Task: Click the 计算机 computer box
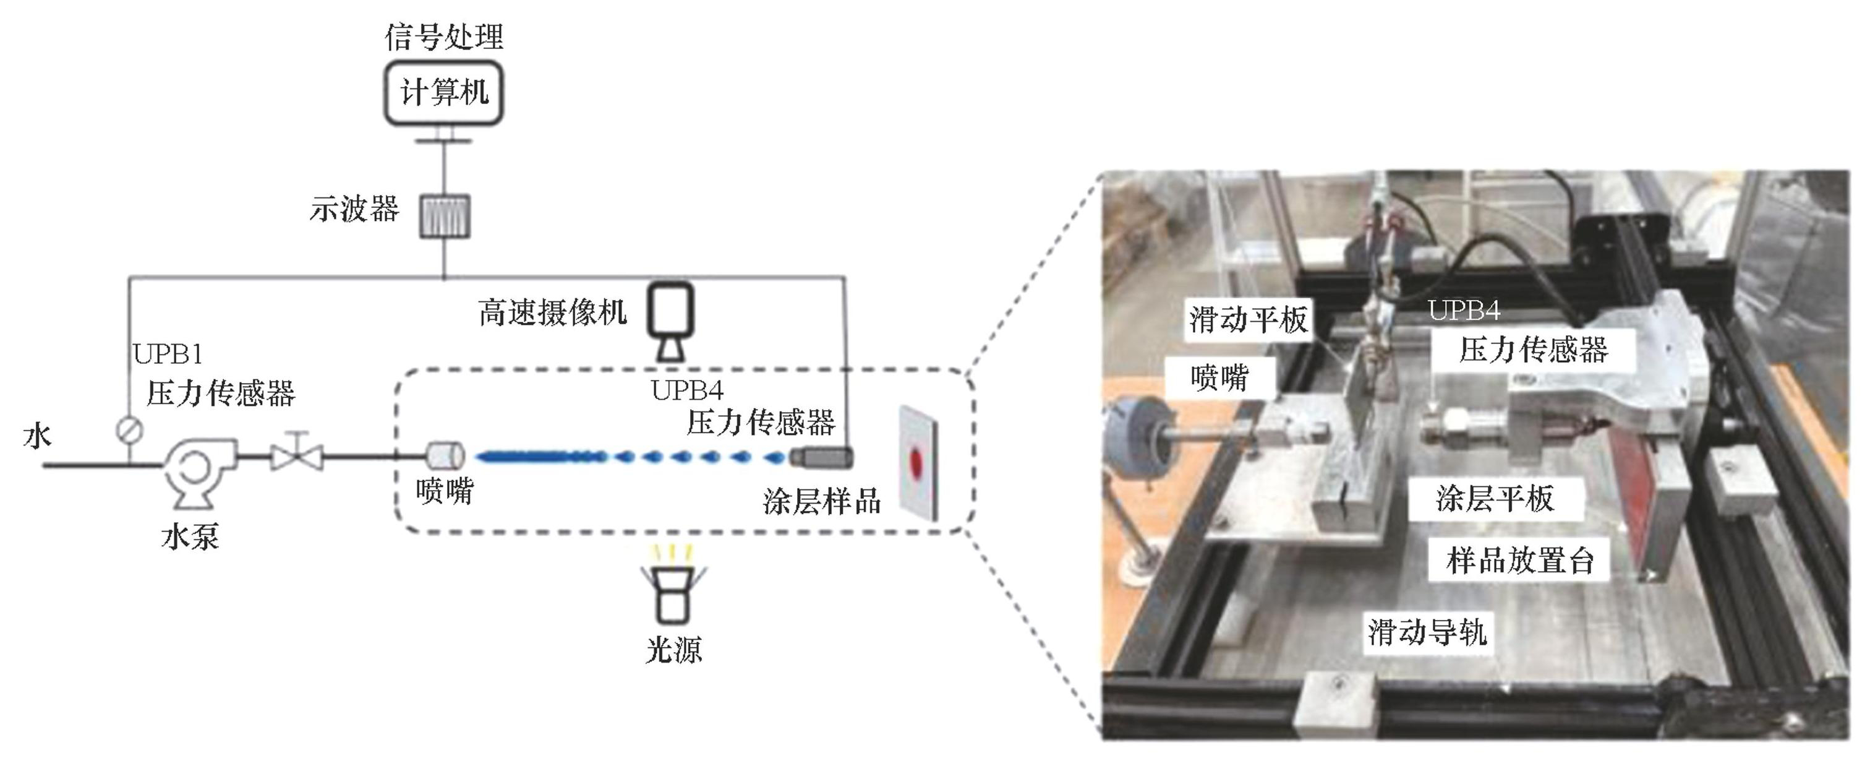(x=443, y=93)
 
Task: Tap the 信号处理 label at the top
(x=443, y=37)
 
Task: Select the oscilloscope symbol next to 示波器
(x=444, y=217)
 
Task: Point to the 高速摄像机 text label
(x=552, y=313)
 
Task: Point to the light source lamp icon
(x=672, y=588)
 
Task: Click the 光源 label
(x=673, y=649)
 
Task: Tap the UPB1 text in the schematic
(x=168, y=355)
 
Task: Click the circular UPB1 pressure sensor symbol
(x=130, y=430)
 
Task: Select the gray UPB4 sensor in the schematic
(x=821, y=457)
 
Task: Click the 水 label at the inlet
(x=37, y=436)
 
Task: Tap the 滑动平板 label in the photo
(x=1248, y=319)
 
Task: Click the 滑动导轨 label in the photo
(x=1427, y=632)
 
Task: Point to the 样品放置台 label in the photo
(x=1519, y=561)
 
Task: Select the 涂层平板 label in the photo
(x=1495, y=499)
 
